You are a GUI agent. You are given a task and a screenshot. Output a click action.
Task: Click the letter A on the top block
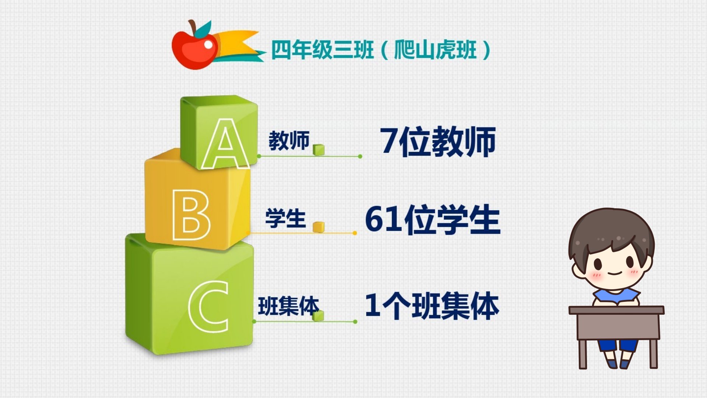pos(225,144)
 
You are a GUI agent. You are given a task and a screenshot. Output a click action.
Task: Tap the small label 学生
pos(285,218)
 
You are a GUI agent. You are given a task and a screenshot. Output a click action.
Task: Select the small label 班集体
pos(288,306)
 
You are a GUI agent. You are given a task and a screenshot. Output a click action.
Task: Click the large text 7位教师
pos(438,142)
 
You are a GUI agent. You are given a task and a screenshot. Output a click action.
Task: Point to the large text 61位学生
pos(433,220)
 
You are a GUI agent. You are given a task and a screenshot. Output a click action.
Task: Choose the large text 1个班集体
pos(432,306)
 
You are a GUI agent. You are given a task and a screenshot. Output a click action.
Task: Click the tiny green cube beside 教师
pos(319,150)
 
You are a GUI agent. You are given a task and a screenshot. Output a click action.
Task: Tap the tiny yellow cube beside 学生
pos(319,227)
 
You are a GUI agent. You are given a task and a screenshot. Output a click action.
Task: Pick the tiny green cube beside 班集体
pos(318,315)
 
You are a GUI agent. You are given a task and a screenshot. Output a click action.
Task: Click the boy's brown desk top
pos(616,310)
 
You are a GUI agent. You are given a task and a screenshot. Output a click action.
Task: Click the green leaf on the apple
pos(203,29)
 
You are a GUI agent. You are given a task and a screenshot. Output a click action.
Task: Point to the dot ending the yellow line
pos(355,233)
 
